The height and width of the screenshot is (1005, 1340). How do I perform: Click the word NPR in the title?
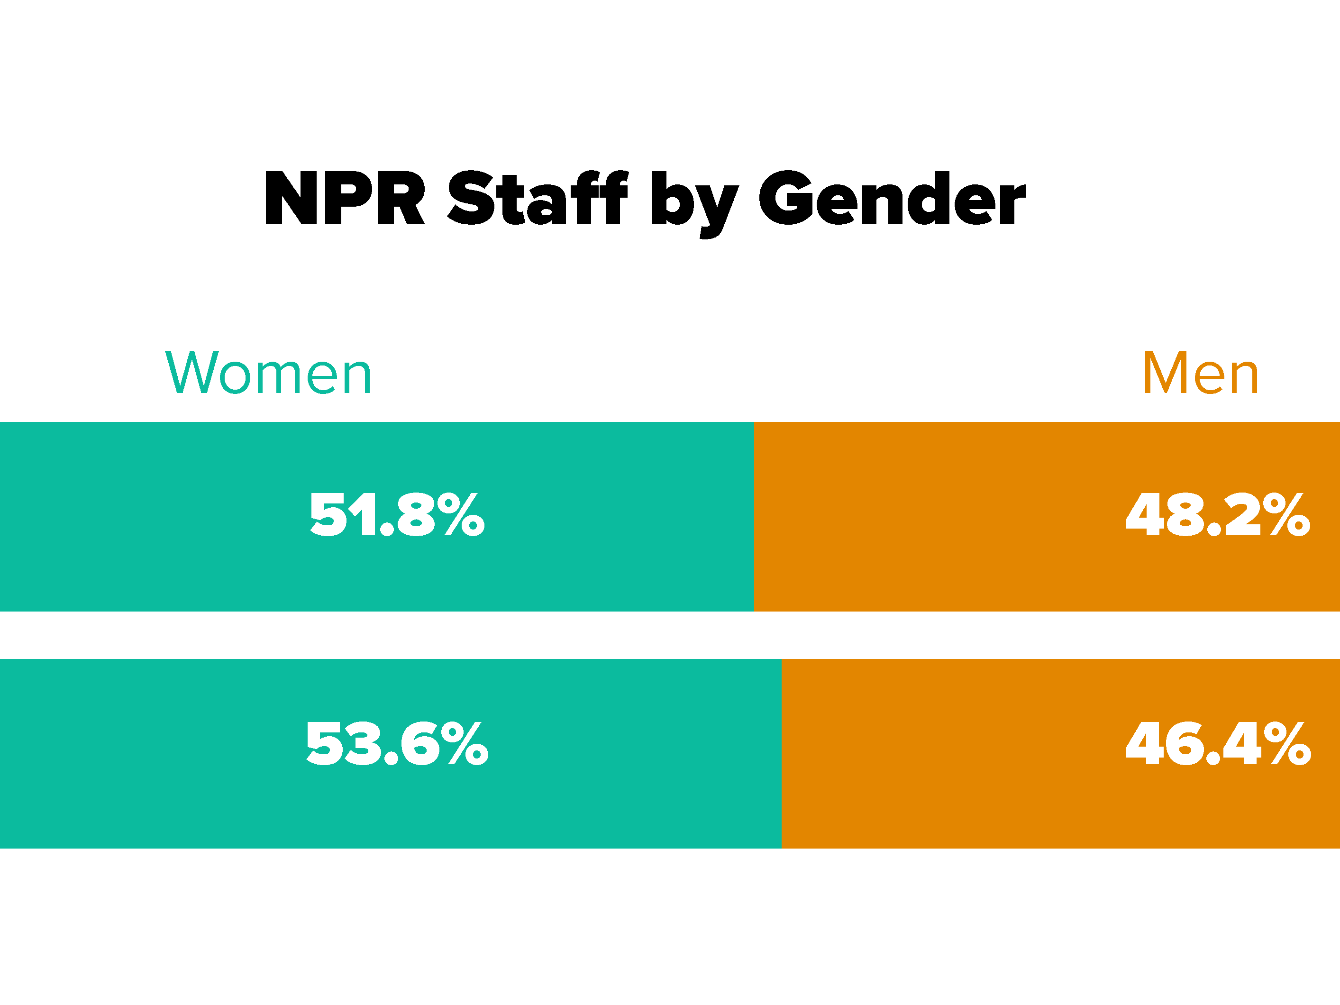tap(344, 198)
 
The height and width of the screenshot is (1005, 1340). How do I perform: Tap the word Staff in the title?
tap(537, 198)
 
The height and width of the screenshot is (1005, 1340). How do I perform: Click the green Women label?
tap(268, 373)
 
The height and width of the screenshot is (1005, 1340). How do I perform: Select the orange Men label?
tap(1201, 373)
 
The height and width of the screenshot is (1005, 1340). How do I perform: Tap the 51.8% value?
tap(397, 515)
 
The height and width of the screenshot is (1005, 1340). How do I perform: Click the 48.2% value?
tap(1218, 515)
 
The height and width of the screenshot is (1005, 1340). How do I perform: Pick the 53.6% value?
tap(397, 743)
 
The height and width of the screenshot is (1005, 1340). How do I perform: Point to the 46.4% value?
tap(1218, 743)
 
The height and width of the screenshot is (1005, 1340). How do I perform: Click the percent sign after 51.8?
tap(464, 515)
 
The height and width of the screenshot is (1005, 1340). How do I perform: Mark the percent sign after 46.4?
tap(1290, 743)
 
